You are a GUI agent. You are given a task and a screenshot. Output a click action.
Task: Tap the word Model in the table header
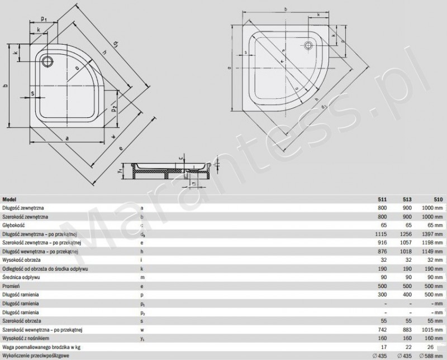tap(9, 199)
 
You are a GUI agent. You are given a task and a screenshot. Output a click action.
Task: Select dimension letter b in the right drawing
tap(285, 9)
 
